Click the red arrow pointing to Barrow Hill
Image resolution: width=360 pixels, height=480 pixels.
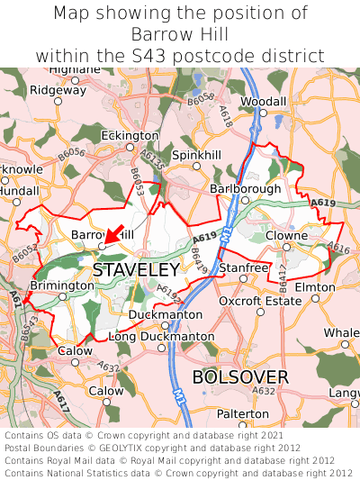pos(113,233)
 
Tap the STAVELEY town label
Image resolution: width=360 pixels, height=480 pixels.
pos(135,269)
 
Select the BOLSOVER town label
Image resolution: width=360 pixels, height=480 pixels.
pos(240,376)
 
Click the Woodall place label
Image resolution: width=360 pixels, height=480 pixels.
pos(263,102)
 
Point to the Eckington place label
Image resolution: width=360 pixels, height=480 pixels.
pos(130,135)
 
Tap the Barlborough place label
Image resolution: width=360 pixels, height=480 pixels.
pos(245,189)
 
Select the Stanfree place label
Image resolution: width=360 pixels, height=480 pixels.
pos(244,268)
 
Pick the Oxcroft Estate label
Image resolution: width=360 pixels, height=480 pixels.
pos(260,301)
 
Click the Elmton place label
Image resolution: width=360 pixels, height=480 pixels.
pos(315,287)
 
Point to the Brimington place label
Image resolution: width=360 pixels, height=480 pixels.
pos(62,285)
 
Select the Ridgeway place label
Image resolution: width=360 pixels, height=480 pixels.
pos(58,89)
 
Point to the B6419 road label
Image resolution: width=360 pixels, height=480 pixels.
pos(199,263)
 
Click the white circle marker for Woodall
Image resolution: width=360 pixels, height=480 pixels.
pos(264,114)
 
